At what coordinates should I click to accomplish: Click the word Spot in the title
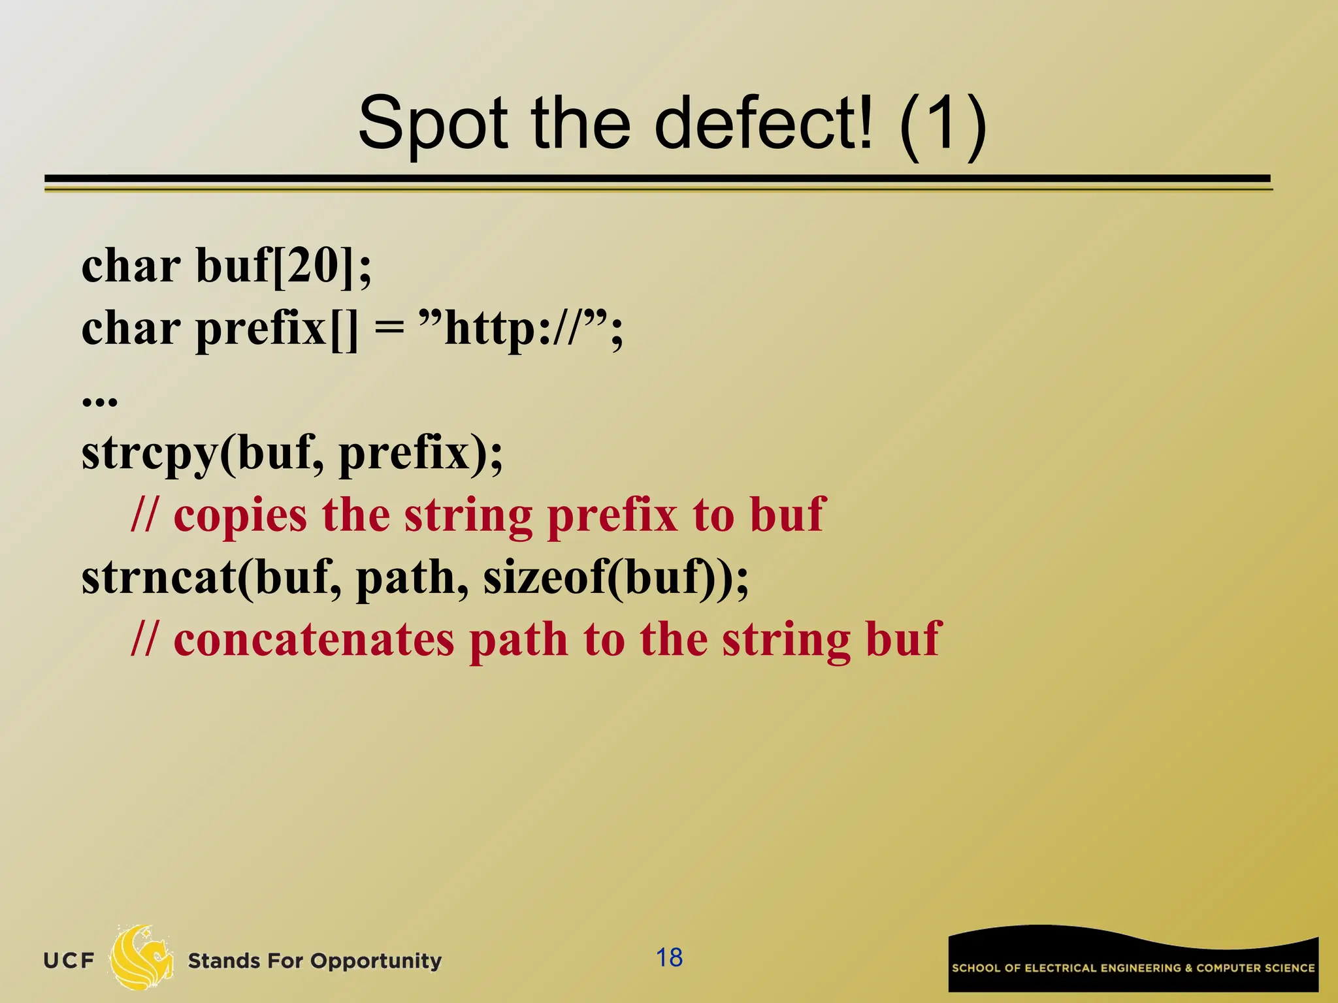pos(432,124)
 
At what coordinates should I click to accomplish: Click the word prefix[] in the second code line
pos(277,329)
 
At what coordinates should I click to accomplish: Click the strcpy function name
pos(149,453)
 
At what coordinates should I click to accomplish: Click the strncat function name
pos(158,577)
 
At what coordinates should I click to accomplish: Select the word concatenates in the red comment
pos(314,639)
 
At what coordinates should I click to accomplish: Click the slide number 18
pos(669,958)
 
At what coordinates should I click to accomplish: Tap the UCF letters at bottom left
pos(69,961)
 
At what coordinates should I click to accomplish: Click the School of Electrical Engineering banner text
pos(1133,968)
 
